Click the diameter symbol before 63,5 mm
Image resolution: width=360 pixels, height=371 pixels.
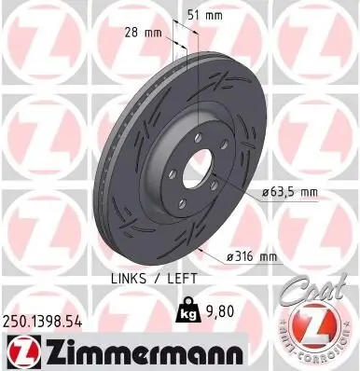click(x=263, y=192)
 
